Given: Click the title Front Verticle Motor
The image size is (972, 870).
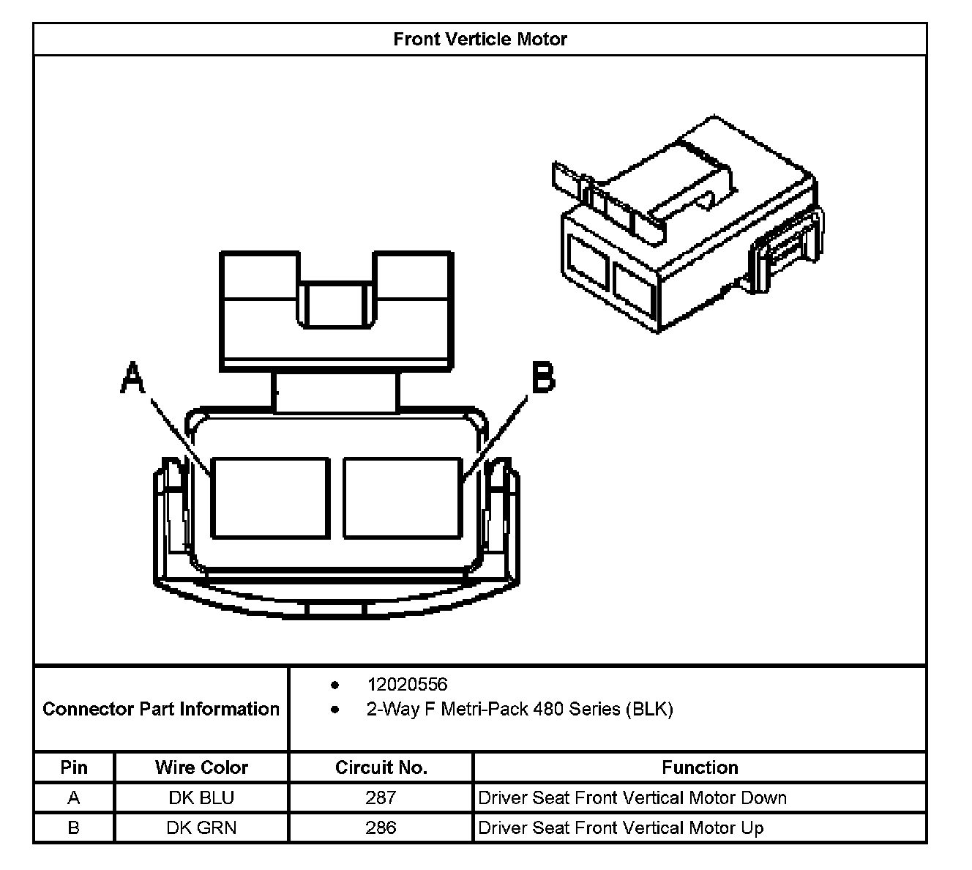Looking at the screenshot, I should pyautogui.click(x=480, y=39).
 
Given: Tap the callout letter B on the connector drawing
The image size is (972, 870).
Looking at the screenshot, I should pyautogui.click(x=542, y=378).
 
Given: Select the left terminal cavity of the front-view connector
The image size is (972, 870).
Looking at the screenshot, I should pyautogui.click(x=270, y=498).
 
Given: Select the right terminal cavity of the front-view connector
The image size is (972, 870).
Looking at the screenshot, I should pyautogui.click(x=403, y=498).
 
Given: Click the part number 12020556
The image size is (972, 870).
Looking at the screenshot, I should pyautogui.click(x=407, y=684).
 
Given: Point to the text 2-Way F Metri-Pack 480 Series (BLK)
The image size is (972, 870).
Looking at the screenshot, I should pyautogui.click(x=519, y=709).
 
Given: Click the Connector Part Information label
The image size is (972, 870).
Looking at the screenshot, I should pyautogui.click(x=161, y=709).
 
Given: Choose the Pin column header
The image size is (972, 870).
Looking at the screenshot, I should pyautogui.click(x=74, y=767).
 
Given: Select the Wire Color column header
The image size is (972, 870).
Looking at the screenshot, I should pyautogui.click(x=201, y=767).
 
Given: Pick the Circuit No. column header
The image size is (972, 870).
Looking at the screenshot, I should pyautogui.click(x=381, y=767).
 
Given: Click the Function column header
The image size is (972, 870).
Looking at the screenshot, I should pyautogui.click(x=700, y=767).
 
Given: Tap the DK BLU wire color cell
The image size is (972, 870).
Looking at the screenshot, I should pyautogui.click(x=201, y=798).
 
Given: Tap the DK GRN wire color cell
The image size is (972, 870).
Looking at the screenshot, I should pyautogui.click(x=201, y=828).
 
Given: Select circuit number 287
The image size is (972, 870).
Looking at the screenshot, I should pyautogui.click(x=381, y=798).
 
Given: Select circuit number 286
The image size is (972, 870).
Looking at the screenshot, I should pyautogui.click(x=381, y=828).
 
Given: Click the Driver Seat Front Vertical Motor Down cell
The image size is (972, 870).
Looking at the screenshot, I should pyautogui.click(x=632, y=798).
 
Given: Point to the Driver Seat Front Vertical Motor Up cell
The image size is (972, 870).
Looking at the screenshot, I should pyautogui.click(x=621, y=828).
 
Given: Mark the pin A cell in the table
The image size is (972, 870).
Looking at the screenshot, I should pyautogui.click(x=74, y=798).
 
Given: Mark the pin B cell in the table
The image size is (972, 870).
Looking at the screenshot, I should pyautogui.click(x=74, y=828).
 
